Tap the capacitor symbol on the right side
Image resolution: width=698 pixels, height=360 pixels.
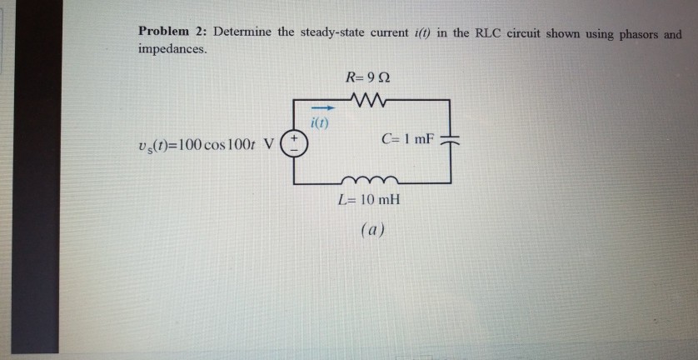point(450,140)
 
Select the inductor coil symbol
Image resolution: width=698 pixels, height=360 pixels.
point(367,178)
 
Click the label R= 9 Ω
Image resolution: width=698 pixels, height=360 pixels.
point(367,78)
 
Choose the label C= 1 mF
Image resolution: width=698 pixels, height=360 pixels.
point(407,138)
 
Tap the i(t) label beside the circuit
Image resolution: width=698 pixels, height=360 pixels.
point(320,124)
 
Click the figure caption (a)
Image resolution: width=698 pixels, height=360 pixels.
point(371,228)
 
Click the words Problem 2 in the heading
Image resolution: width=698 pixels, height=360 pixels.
point(172,32)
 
